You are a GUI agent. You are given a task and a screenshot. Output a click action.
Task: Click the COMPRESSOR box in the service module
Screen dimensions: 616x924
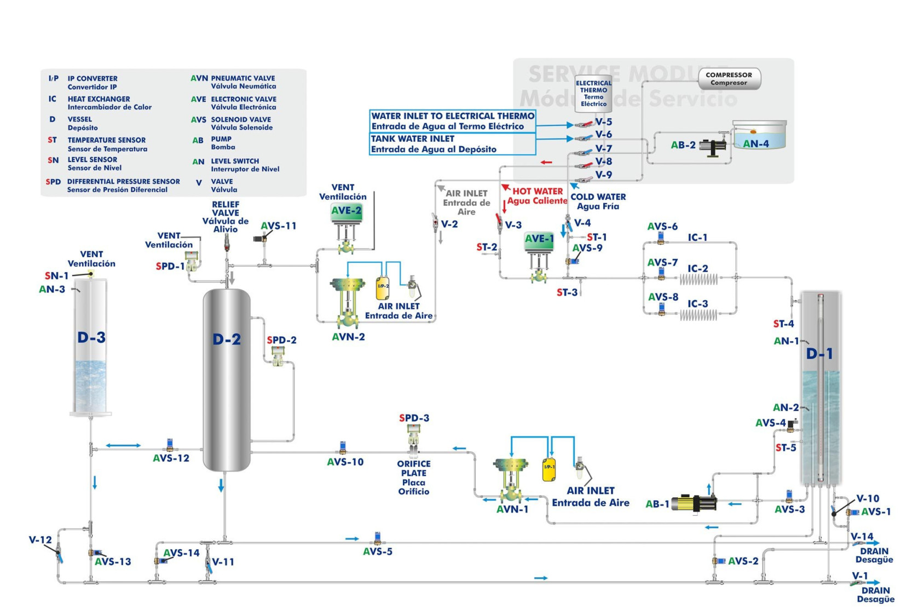pos(729,79)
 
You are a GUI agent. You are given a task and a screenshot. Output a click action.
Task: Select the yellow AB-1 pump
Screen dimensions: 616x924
pos(694,503)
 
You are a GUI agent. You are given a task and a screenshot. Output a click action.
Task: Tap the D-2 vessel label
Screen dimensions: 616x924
pos(227,339)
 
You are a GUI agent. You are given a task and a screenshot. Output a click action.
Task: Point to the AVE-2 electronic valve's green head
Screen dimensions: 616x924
pos(346,211)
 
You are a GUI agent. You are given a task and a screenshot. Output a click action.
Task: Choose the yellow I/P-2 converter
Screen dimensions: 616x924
pos(383,287)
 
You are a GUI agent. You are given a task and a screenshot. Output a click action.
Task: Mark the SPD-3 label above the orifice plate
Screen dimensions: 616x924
pos(414,418)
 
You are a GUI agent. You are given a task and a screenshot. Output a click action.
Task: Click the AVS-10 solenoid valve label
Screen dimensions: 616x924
pos(345,462)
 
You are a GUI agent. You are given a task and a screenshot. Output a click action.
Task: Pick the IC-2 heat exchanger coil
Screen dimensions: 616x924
pos(699,279)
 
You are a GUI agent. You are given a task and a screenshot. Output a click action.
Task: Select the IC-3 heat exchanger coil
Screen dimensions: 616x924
pos(699,315)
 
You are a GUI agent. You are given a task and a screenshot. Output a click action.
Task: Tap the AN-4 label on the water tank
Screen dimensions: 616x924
pos(755,144)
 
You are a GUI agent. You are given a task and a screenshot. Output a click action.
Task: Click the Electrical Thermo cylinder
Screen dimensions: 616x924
pos(593,94)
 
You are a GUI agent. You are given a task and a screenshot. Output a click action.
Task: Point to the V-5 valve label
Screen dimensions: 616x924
pos(603,122)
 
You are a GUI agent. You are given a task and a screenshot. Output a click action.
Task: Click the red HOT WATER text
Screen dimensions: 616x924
pos(537,191)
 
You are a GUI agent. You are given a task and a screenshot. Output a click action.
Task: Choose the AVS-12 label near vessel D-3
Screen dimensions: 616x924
pos(171,458)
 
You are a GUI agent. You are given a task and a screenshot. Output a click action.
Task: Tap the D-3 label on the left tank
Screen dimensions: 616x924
pos(91,337)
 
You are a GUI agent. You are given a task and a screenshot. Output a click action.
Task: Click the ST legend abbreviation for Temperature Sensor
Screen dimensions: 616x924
pos(52,140)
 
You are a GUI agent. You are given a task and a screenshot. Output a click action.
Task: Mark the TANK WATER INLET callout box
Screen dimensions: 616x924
pos(452,144)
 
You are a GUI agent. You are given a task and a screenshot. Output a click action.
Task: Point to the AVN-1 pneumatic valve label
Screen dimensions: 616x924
pos(512,509)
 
